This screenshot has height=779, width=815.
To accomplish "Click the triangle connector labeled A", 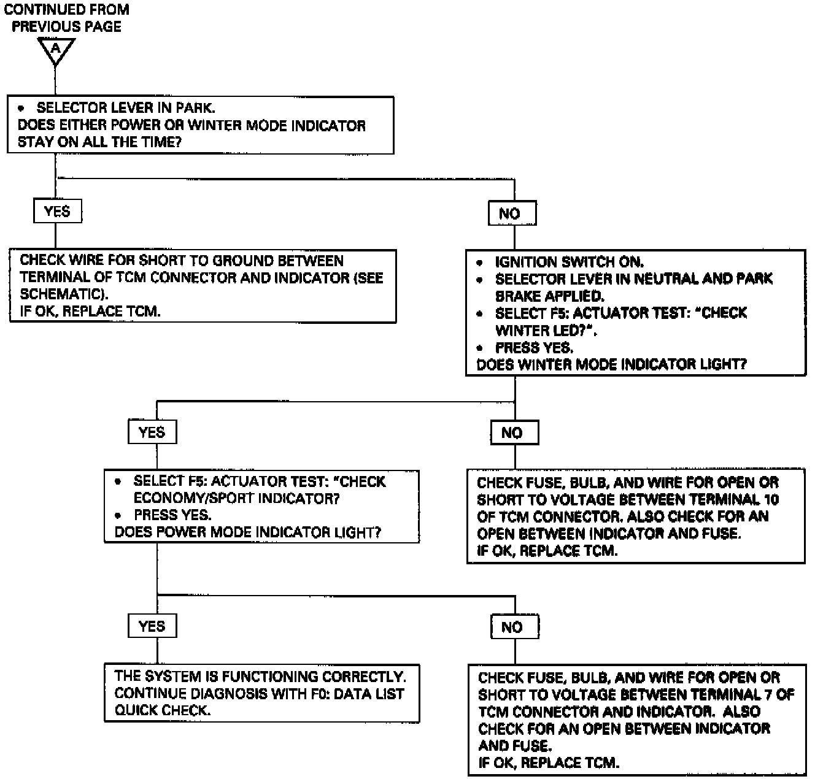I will [x=56, y=50].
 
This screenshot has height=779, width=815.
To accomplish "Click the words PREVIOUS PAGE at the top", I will [x=66, y=27].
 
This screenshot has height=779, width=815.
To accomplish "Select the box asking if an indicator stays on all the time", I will [x=200, y=125].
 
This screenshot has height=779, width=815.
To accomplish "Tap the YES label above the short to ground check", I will [x=57, y=212].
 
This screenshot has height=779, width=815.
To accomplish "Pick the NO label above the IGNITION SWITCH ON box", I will [x=511, y=213].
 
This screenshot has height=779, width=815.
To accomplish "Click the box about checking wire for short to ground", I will [x=203, y=286].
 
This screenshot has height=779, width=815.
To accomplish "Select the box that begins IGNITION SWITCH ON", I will [x=635, y=313].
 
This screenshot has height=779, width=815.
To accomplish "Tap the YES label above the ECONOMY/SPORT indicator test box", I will [x=152, y=432].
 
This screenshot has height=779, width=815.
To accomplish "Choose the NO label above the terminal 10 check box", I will [x=514, y=432].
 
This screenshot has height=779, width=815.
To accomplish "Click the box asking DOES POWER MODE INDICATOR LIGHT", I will [x=261, y=507].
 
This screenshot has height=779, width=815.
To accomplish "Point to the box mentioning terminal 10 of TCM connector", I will [x=635, y=516].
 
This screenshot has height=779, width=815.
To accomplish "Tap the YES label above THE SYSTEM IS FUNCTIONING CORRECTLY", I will [x=152, y=626].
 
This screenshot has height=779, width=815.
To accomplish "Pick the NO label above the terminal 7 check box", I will [x=514, y=627].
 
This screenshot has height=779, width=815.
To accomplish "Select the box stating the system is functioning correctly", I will [x=261, y=693].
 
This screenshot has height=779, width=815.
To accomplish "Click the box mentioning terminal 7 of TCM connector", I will [x=636, y=720].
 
